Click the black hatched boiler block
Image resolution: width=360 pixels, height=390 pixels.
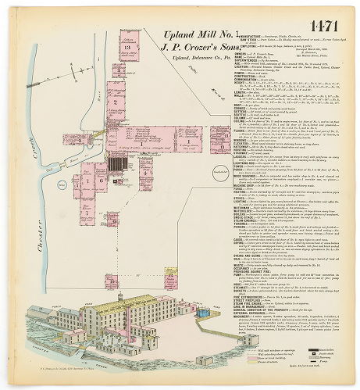coord(116,165)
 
